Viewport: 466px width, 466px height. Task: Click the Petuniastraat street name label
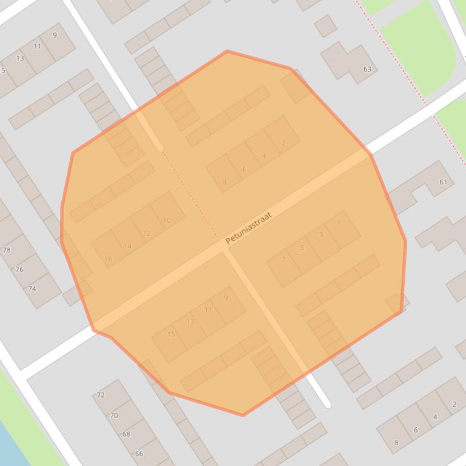coord(248,228)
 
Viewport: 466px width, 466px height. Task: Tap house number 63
coord(367,69)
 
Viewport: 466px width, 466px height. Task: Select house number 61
coord(443,182)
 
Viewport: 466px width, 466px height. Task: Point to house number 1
coord(338,223)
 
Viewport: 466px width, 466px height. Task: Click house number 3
coord(321,235)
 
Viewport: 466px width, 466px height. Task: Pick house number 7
coord(283,259)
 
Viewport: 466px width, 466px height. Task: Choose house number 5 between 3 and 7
coord(302,247)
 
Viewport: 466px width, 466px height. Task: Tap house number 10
coord(167,220)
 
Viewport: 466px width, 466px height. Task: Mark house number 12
coord(147,233)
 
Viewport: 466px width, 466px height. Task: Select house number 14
coord(127,246)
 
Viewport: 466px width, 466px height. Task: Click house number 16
coord(108,259)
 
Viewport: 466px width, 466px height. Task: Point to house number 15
coord(171,334)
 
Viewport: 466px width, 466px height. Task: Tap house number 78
coord(7,250)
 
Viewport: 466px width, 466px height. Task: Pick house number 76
coord(19,269)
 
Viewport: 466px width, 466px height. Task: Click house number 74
coord(32,289)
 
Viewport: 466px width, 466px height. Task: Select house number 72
coord(101,395)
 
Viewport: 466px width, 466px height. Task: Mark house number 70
coord(114,415)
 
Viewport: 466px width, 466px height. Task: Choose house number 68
coord(126,434)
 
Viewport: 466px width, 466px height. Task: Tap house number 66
coord(139,453)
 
